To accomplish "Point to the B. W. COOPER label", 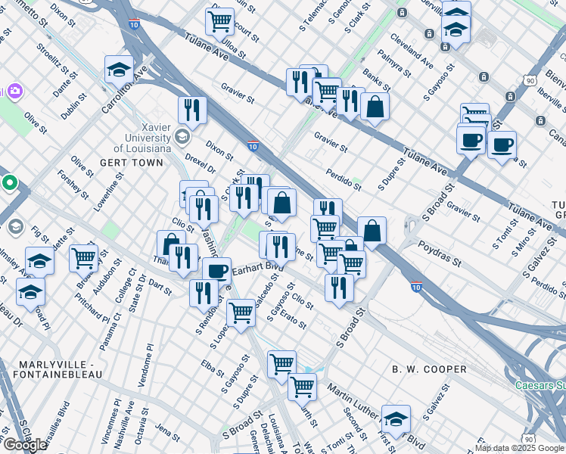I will coord(429,369).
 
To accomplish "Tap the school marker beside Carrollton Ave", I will coord(120,70).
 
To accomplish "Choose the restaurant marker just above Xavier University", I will coord(193,110).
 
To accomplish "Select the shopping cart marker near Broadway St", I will coord(83,259).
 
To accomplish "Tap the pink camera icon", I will coord(14,92).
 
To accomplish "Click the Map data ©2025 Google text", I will coord(519,448).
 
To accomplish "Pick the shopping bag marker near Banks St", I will coord(375,107).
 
